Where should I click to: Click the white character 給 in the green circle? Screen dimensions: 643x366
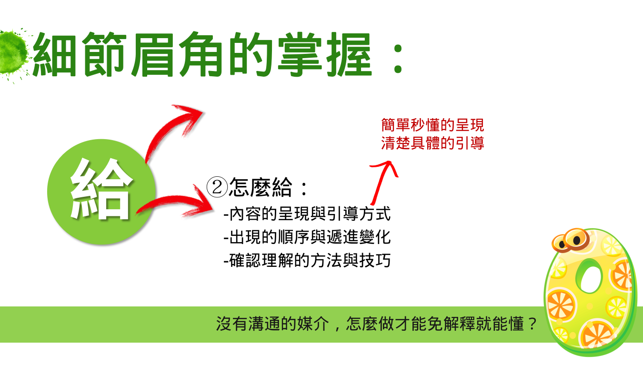[x=101, y=189]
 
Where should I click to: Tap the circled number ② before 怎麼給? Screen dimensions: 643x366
[x=217, y=187]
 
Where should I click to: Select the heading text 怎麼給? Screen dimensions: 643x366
[x=261, y=187]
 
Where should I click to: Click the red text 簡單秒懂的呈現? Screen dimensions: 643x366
[x=432, y=125]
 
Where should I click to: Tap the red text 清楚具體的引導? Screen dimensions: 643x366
[x=432, y=143]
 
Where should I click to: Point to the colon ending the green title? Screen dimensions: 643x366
[x=398, y=58]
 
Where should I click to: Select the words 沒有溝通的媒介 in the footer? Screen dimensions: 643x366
[x=272, y=324]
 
